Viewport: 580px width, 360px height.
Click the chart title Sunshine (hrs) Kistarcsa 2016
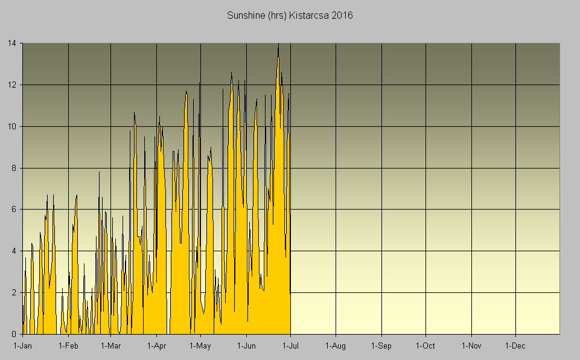click(x=290, y=15)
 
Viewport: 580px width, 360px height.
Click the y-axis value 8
click(x=14, y=169)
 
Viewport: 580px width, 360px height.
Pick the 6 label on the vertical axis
click(x=14, y=210)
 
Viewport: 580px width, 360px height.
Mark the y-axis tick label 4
click(x=14, y=251)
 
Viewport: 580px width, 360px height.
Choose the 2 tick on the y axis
click(x=14, y=293)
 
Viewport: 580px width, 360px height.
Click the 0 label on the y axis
click(x=14, y=334)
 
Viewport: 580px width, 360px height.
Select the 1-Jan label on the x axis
click(x=23, y=346)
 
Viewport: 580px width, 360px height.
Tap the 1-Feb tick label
click(x=68, y=346)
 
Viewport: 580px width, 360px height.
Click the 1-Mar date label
click(x=111, y=346)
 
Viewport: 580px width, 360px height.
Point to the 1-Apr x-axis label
click(x=157, y=346)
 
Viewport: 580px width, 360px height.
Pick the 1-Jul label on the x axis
click(x=291, y=346)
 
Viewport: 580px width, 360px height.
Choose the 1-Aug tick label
click(x=336, y=346)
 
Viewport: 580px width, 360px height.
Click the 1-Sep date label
click(x=381, y=346)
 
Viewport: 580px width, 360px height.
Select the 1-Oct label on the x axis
click(x=425, y=346)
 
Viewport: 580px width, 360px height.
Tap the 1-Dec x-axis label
click(x=515, y=346)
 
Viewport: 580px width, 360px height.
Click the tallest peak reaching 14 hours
click(x=278, y=45)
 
